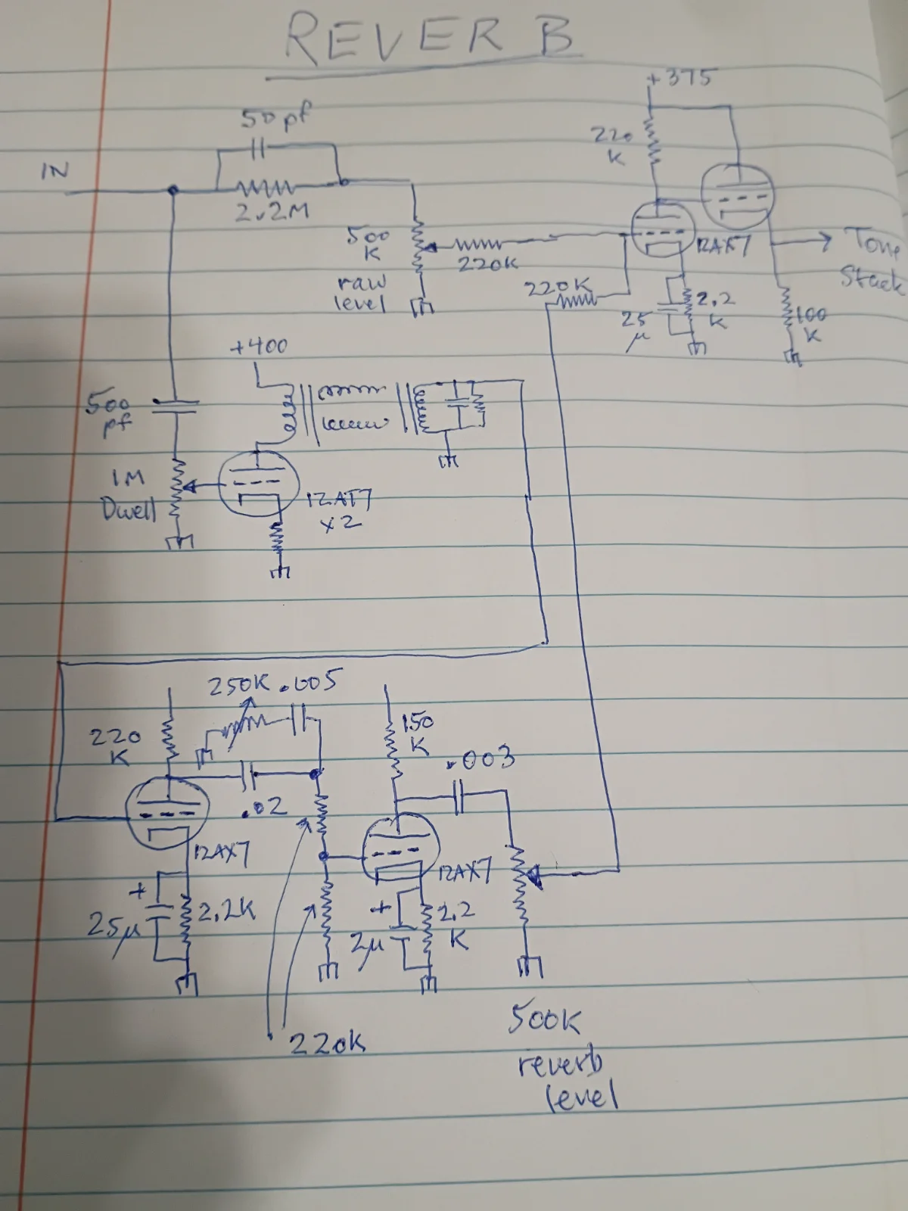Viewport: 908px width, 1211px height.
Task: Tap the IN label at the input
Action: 54,170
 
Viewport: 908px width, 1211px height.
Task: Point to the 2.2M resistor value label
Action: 271,213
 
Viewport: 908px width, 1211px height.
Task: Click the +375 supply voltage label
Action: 681,77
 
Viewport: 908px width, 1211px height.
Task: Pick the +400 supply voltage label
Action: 259,347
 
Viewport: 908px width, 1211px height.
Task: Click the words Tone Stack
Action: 870,261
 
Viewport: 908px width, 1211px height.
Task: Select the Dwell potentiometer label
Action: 129,510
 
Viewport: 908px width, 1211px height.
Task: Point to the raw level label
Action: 362,293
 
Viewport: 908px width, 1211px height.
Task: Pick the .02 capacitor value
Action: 266,808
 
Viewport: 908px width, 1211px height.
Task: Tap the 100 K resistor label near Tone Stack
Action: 810,323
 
